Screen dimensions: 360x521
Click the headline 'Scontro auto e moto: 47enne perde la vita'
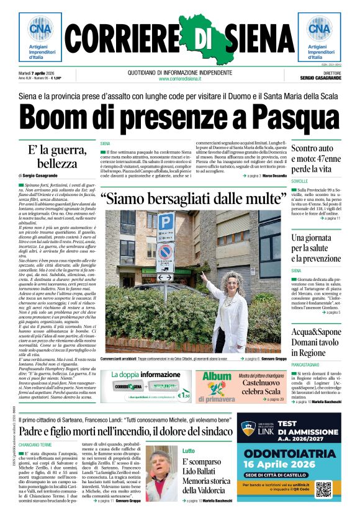[x=316, y=159]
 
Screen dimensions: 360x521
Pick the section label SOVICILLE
[x=304, y=180]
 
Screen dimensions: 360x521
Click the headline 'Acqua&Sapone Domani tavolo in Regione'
[x=316, y=342]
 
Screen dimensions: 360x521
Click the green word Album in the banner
[x=217, y=376]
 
